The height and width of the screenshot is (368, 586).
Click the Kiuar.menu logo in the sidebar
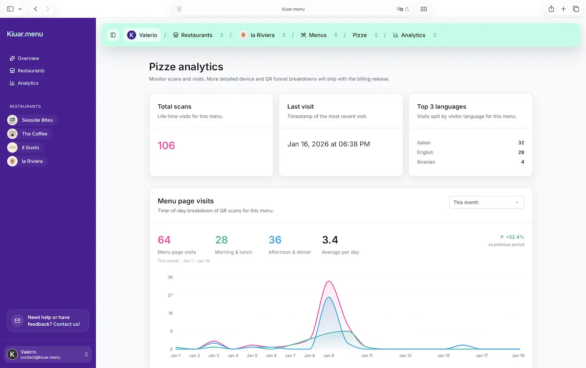click(x=25, y=34)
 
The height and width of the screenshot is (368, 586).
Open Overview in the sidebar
click(x=28, y=58)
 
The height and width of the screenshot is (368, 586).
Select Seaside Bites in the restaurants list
click(x=37, y=120)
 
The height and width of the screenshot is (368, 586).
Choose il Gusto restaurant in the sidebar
click(x=30, y=147)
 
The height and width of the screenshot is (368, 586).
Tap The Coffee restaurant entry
click(x=34, y=134)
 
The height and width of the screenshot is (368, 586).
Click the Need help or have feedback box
click(x=48, y=321)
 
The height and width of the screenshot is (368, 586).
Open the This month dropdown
click(x=486, y=202)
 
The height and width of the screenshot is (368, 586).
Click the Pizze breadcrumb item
click(x=360, y=35)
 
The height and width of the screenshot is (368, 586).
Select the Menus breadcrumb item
click(x=317, y=35)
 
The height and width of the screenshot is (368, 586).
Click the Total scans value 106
click(x=166, y=145)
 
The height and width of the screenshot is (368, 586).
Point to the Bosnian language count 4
click(x=522, y=162)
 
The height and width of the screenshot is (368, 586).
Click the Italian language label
click(x=424, y=143)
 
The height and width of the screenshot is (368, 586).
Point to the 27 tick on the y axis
click(x=170, y=295)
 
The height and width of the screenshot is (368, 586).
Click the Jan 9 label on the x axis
click(x=328, y=356)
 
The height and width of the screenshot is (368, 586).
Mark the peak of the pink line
click(x=329, y=281)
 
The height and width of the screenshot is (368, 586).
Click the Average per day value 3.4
click(x=330, y=240)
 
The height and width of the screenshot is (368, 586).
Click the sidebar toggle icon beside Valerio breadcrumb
click(x=113, y=35)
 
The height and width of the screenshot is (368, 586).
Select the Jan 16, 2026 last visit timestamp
click(x=328, y=144)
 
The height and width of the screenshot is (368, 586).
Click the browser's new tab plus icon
click(x=563, y=9)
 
